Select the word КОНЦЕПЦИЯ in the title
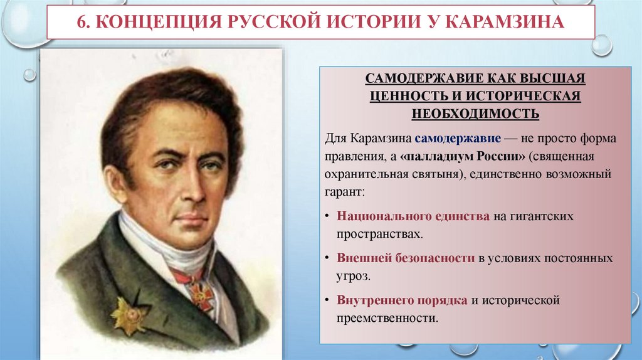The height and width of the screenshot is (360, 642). (x=148, y=23)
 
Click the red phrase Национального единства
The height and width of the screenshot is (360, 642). (x=413, y=216)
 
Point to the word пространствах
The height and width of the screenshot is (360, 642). (x=378, y=233)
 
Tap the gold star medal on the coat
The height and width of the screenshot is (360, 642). (x=129, y=314)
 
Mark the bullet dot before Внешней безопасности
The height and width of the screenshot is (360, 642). (x=329, y=258)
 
